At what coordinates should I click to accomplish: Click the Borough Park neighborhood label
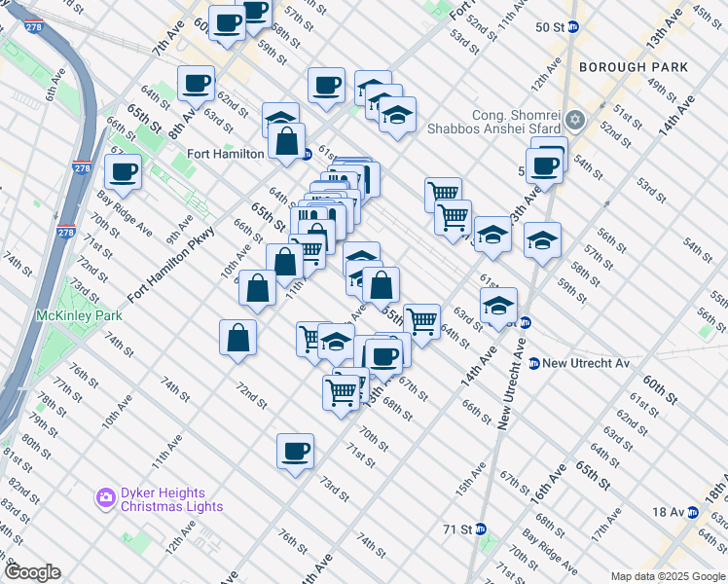coord(633,67)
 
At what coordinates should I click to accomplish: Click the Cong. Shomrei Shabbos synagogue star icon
coord(575,120)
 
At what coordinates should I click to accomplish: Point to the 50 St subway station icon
coord(574,26)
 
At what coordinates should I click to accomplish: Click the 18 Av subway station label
coord(668,512)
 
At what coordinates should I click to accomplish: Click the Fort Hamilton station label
coord(226,154)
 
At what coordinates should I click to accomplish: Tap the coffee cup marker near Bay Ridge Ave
coord(125,172)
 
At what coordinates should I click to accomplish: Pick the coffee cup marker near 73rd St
coord(296,451)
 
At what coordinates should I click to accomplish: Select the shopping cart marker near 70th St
coord(342,392)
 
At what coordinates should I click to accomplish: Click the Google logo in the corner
coord(31,572)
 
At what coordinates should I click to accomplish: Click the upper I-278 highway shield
coord(82,167)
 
